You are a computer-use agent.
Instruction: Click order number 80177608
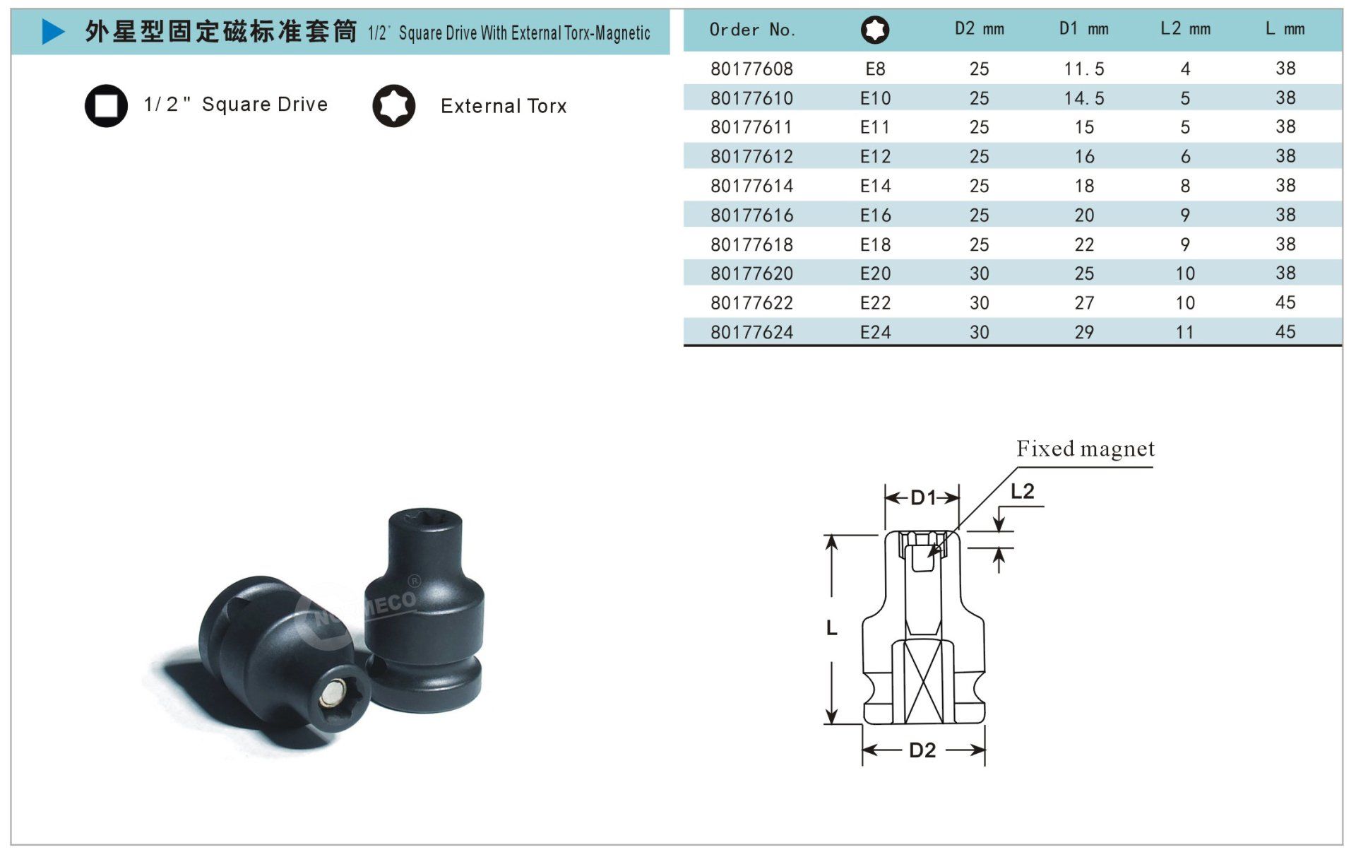pyautogui.click(x=751, y=69)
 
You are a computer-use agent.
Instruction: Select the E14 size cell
pyautogui.click(x=875, y=186)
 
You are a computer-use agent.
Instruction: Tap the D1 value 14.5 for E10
pyautogui.click(x=1084, y=98)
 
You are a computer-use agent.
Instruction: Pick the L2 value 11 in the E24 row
pyautogui.click(x=1184, y=332)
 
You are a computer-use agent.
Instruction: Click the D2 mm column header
pyautogui.click(x=979, y=29)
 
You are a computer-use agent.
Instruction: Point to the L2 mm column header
pyautogui.click(x=1185, y=29)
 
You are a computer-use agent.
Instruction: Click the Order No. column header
pyautogui.click(x=752, y=30)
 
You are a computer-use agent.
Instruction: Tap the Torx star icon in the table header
pyautogui.click(x=875, y=30)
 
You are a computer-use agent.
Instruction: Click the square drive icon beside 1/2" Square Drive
pyautogui.click(x=106, y=106)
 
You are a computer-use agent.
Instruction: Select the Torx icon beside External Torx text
pyautogui.click(x=394, y=106)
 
